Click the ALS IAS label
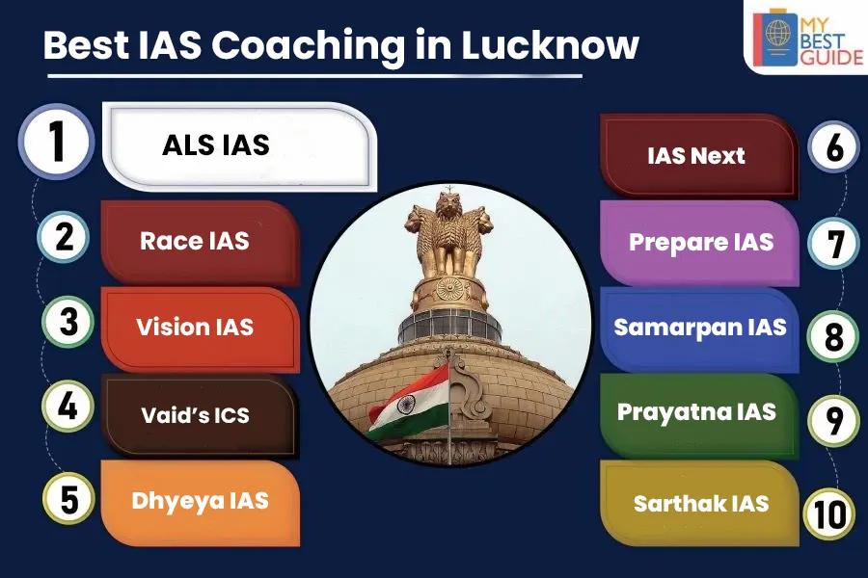tap(216, 145)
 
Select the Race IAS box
tap(194, 241)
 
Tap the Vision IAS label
tap(194, 327)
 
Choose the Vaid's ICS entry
tap(194, 415)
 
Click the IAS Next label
tap(696, 155)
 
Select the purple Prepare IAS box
tap(700, 242)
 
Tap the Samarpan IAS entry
tap(700, 328)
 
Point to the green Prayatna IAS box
tap(697, 412)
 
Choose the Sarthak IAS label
tap(700, 503)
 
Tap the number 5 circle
tap(68, 501)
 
